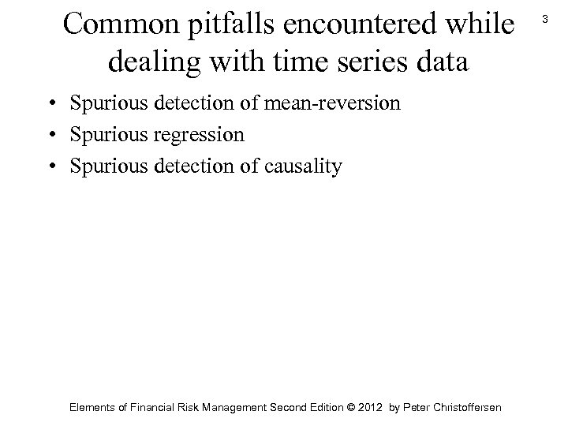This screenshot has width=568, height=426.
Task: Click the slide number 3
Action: (546, 18)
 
